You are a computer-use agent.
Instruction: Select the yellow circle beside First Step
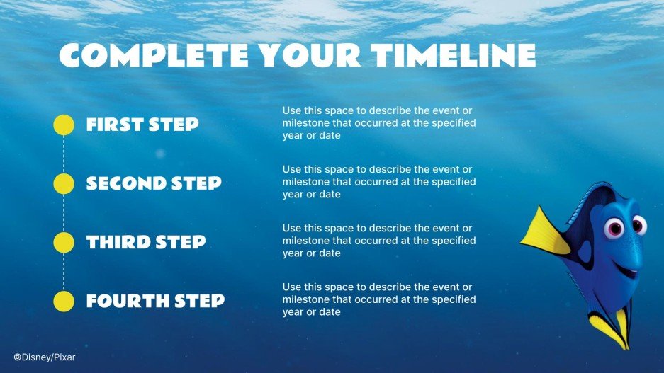pos(64,125)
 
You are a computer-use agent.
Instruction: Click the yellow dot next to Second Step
pos(64,183)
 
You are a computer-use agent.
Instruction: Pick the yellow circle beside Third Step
pos(64,242)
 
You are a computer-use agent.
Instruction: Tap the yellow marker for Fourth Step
pos(64,301)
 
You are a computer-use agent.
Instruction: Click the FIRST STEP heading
pos(142,125)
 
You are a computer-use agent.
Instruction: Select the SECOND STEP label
pos(154,184)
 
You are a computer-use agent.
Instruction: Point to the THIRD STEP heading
pos(146,243)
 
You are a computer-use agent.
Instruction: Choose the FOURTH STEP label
pos(155,302)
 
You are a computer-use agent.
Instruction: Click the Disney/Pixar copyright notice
pos(44,357)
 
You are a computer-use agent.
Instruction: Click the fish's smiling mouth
pos(624,268)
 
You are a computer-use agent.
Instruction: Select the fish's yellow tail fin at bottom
pos(611,330)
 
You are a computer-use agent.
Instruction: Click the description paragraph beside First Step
pos(378,123)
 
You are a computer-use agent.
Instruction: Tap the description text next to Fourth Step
pos(378,299)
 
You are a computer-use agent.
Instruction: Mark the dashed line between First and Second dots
pos(64,154)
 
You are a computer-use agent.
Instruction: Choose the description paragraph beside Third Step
pos(378,241)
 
